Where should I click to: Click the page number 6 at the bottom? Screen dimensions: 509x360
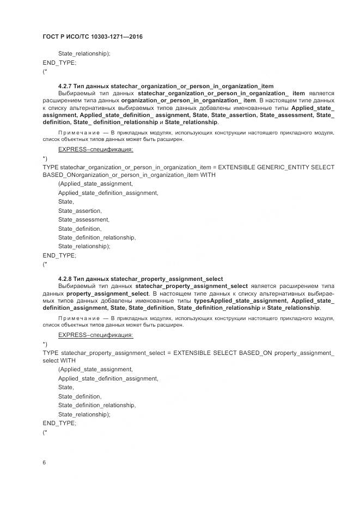click(45, 462)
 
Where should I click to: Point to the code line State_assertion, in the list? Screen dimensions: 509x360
click(80, 211)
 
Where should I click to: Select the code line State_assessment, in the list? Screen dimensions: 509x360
click(84, 219)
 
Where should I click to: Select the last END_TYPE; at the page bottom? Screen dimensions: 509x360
click(59, 423)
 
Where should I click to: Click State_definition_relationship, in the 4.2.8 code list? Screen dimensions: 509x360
click(97, 405)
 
